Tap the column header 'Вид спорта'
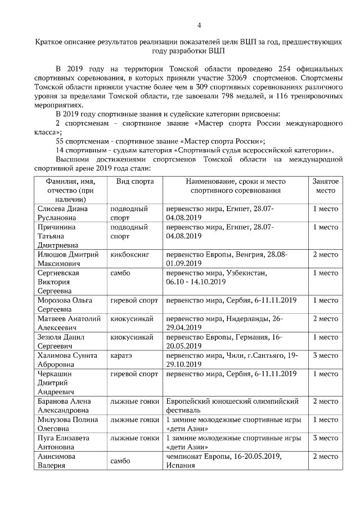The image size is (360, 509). tap(135, 182)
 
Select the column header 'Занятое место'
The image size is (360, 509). tap(325, 186)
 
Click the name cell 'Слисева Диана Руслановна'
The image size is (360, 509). tap(62, 213)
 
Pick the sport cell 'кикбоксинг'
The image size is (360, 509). tap(130, 254)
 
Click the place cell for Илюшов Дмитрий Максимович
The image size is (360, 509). tap(325, 254)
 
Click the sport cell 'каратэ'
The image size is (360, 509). tap(121, 355)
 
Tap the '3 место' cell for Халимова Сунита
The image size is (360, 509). tap(325, 355)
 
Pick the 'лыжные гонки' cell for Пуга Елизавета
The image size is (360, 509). tap(135, 438)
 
